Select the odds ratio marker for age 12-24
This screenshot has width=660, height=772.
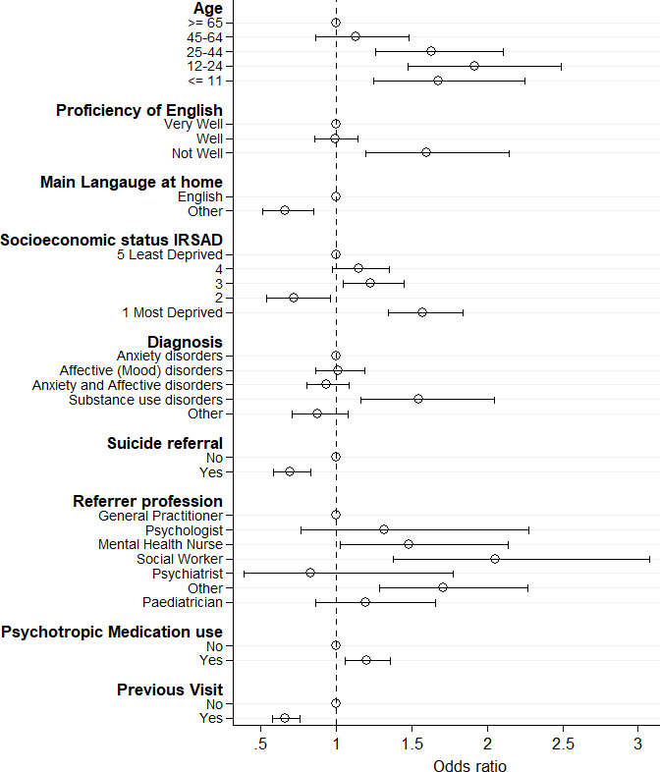point(474,66)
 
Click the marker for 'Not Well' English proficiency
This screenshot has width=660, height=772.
point(426,152)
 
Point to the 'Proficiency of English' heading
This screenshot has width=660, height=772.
point(139,110)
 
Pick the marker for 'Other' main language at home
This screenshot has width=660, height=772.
point(285,210)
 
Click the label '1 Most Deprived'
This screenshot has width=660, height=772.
point(172,312)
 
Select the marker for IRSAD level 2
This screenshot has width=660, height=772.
point(294,298)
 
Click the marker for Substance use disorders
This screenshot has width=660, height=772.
point(418,399)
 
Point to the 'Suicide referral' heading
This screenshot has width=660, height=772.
point(165,443)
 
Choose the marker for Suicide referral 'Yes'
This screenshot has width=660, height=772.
point(290,471)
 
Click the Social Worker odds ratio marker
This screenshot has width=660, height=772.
point(495,558)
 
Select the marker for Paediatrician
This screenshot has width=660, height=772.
point(365,602)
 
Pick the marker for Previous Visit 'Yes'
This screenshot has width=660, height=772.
point(285,718)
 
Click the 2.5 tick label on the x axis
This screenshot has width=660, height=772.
point(562,744)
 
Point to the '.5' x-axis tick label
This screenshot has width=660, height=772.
point(261,744)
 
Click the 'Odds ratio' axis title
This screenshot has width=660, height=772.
point(470,763)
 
